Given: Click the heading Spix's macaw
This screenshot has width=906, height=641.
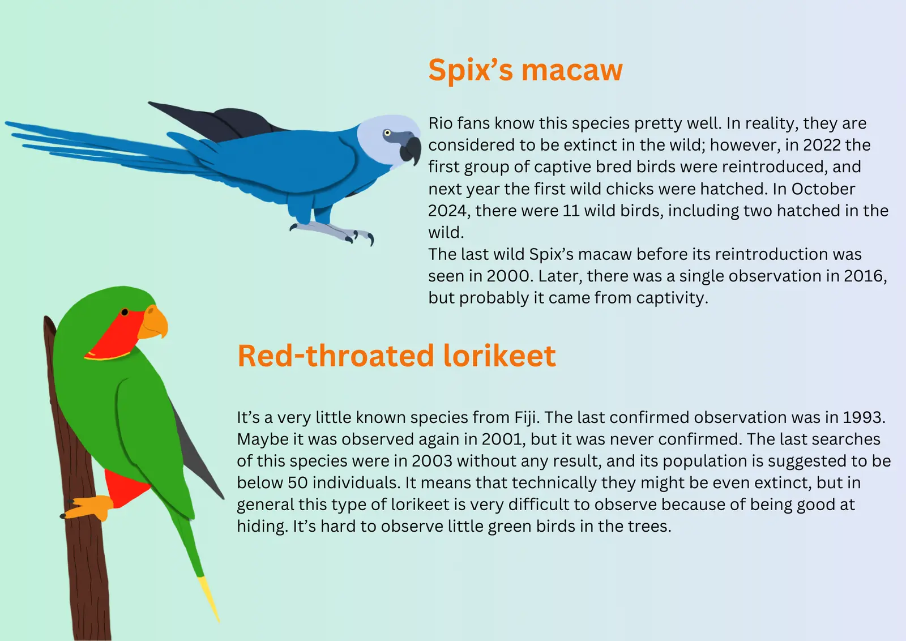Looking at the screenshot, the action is coord(525,70).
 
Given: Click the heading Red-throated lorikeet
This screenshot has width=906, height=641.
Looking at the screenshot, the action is coord(397,356).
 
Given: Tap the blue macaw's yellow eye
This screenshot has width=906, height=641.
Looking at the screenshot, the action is coord(387,133).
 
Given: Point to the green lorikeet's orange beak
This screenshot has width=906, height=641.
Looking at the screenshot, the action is coord(153,322).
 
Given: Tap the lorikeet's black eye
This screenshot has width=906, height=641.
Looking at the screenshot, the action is coord(125,312).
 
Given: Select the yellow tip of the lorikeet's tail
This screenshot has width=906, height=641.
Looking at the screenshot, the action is coord(209,599).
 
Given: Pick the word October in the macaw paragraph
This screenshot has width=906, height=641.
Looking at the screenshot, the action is coord(823,189).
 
